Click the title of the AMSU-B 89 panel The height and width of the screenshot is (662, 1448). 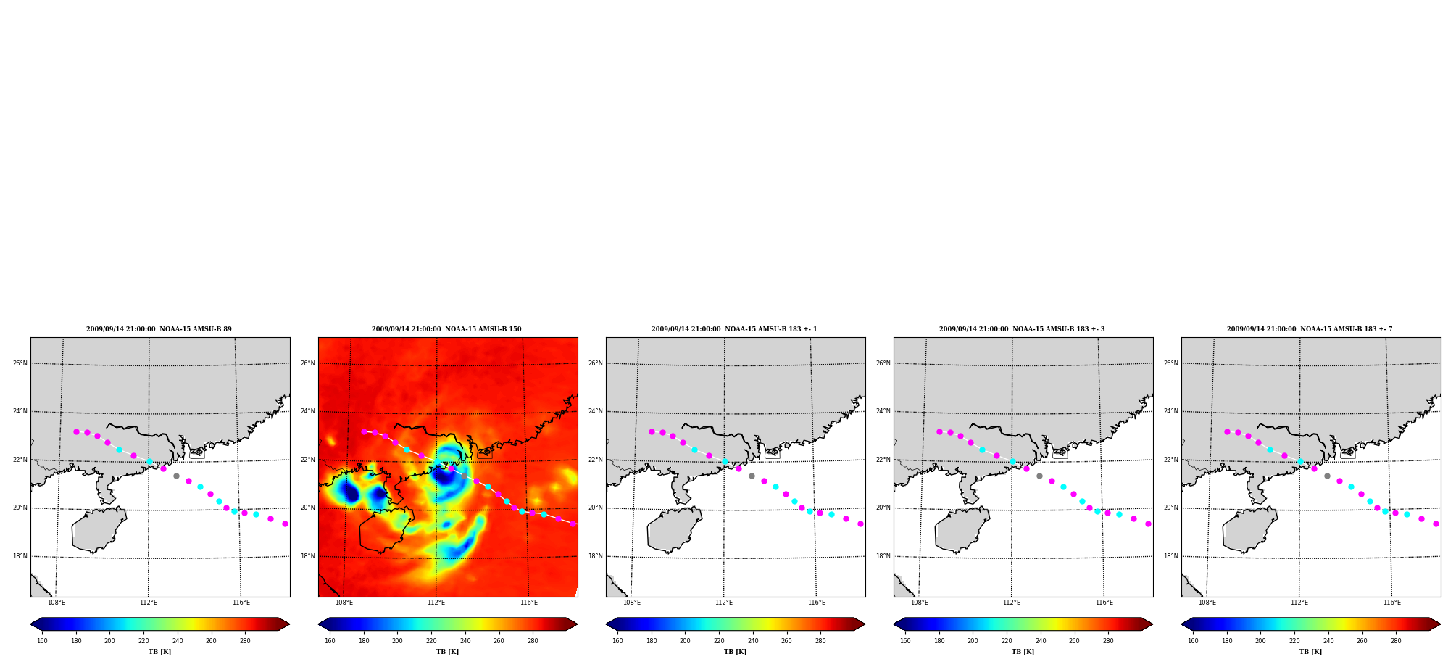coord(159,329)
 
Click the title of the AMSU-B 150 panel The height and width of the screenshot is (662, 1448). coord(446,329)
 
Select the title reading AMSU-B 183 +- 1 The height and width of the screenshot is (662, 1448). coord(734,329)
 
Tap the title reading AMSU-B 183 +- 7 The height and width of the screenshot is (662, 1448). coord(1310,329)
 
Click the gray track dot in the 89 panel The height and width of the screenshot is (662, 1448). coord(176,476)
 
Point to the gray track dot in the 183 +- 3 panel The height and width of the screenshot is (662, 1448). coord(1039,476)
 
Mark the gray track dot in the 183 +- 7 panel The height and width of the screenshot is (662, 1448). coord(1327,476)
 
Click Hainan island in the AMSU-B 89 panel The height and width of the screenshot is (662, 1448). coord(99,529)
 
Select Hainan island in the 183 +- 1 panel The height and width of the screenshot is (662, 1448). coord(674,529)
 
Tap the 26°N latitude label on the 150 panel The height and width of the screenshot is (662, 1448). coord(308,363)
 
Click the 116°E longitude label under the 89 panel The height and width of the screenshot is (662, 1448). coord(241,603)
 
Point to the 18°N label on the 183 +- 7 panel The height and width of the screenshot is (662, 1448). coord(1171,556)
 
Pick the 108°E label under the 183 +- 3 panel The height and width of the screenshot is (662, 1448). coord(920,603)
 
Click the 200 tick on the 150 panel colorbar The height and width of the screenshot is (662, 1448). coord(397,640)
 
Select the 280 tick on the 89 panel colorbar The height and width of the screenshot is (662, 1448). coord(245,640)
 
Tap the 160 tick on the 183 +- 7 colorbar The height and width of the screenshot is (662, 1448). coord(1193,640)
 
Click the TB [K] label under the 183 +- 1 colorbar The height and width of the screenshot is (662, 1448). coord(735,652)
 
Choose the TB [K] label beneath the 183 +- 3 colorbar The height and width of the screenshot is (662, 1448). coord(1023,652)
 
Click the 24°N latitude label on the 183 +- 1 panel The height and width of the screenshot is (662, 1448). coord(596,411)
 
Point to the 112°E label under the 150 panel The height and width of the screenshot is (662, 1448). coord(436,603)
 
